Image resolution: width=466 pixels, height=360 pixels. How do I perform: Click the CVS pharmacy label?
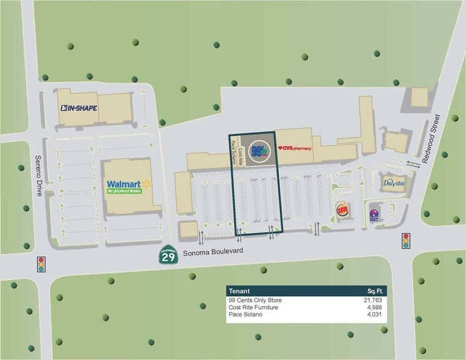click(295, 148)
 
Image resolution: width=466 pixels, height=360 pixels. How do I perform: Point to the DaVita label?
click(395, 183)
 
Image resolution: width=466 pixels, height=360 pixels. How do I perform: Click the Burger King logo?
click(344, 211)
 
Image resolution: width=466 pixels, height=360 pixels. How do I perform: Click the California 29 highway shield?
click(167, 257)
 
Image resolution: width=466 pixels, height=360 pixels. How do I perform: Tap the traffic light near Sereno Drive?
click(42, 264)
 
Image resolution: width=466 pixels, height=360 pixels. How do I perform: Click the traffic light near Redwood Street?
click(405, 240)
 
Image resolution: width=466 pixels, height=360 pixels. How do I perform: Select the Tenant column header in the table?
click(239, 290)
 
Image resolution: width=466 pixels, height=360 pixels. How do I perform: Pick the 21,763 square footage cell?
click(372, 301)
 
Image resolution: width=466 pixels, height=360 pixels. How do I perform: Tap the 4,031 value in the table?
click(374, 315)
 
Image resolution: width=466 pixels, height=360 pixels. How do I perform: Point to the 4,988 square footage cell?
click(374, 308)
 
